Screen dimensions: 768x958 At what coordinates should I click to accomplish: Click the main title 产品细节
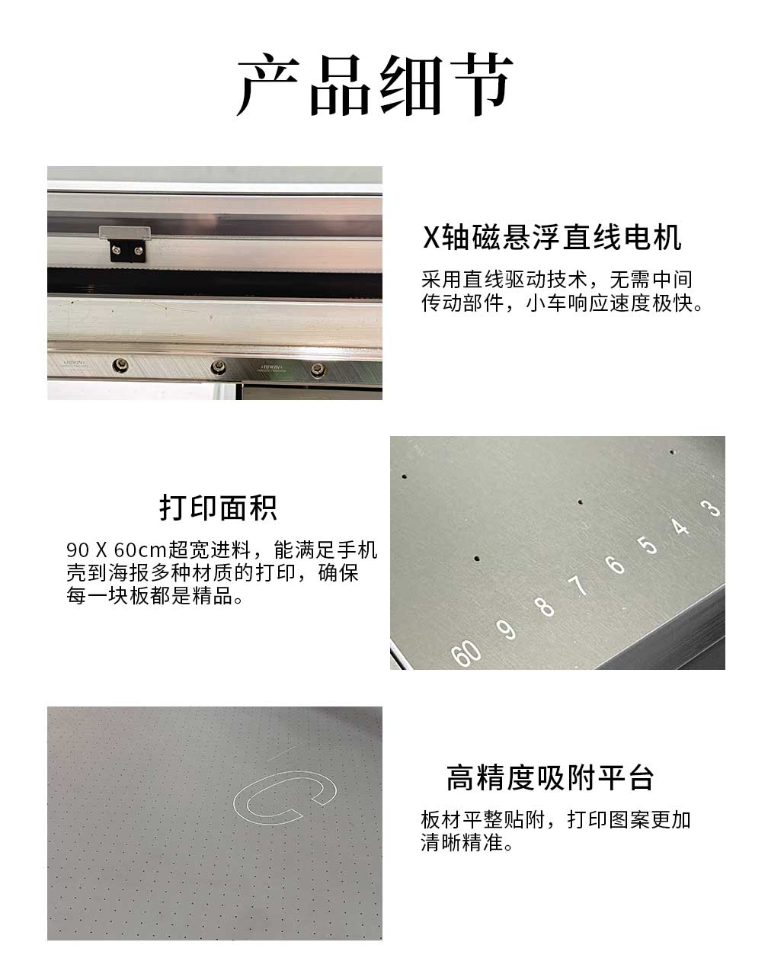pyautogui.click(x=375, y=85)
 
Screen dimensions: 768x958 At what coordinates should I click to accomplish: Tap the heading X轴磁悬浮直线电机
pyautogui.click(x=552, y=237)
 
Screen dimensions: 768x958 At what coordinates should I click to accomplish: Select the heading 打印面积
pyautogui.click(x=218, y=508)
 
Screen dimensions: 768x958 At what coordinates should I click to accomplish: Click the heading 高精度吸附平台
pyautogui.click(x=550, y=777)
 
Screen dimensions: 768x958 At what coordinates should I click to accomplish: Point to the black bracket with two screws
pyautogui.click(x=127, y=251)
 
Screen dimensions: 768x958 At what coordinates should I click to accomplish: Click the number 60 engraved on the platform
pyautogui.click(x=466, y=653)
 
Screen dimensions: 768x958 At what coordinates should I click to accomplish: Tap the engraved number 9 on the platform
pyautogui.click(x=506, y=629)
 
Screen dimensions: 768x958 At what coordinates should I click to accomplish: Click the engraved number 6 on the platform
pyautogui.click(x=616, y=564)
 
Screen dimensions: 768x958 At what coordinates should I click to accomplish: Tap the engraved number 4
pyautogui.click(x=680, y=526)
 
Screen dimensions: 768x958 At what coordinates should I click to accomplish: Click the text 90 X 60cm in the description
pyautogui.click(x=117, y=550)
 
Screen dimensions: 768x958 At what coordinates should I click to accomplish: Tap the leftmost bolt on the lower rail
pyautogui.click(x=120, y=366)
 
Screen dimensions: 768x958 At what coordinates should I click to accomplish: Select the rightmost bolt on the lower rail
pyautogui.click(x=318, y=370)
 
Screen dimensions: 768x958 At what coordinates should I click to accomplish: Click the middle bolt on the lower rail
pyautogui.click(x=218, y=367)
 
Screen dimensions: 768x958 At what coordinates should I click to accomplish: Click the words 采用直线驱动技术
pyautogui.click(x=504, y=280)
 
